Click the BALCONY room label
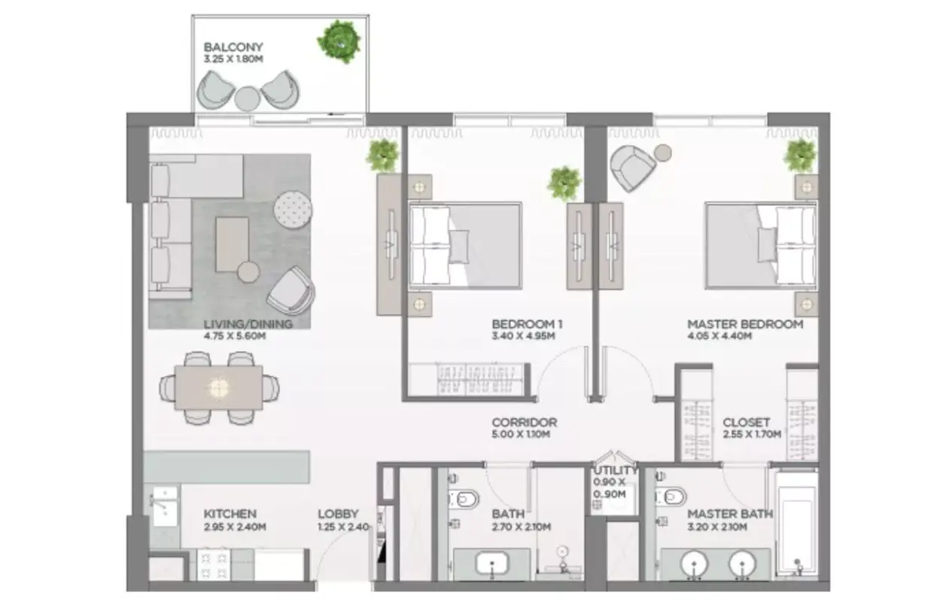(x=233, y=47)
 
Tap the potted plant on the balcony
(x=339, y=41)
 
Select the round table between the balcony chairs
(x=247, y=98)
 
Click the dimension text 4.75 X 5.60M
(x=235, y=336)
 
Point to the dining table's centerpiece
(x=219, y=388)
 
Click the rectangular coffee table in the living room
(x=232, y=244)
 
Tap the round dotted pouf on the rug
(x=293, y=209)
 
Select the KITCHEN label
(x=230, y=514)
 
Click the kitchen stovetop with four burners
(x=214, y=565)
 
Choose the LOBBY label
(x=338, y=514)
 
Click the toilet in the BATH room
(x=464, y=498)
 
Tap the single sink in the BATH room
(x=491, y=563)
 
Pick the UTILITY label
(x=615, y=471)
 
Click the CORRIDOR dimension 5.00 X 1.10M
(x=521, y=435)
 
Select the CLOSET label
(x=746, y=422)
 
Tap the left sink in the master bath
(x=695, y=564)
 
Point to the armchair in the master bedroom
(x=633, y=168)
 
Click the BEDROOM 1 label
(x=527, y=324)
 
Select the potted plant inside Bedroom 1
(x=564, y=183)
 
